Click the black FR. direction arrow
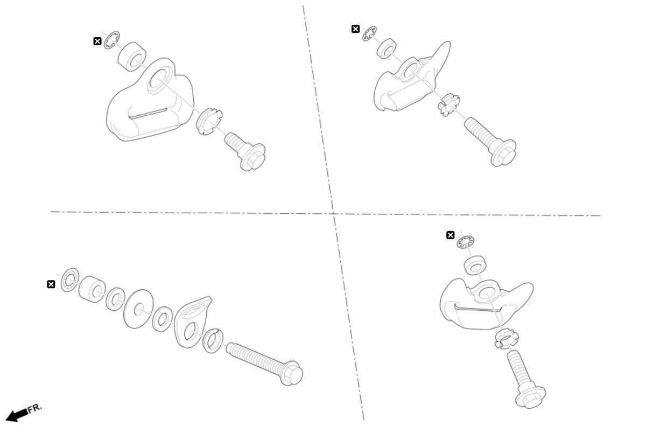(17, 415)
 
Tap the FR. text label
(35, 408)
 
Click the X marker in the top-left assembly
(97, 41)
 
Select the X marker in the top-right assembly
(356, 29)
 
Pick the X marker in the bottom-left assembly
(51, 284)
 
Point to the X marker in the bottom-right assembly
(450, 235)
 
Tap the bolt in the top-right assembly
(490, 142)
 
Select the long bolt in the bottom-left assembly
(264, 364)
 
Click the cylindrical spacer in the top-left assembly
(132, 57)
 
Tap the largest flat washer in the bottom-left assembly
(138, 309)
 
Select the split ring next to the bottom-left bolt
(213, 340)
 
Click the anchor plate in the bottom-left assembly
(192, 322)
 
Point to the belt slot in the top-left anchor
(149, 113)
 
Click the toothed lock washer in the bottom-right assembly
(466, 242)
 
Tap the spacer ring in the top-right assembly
(387, 49)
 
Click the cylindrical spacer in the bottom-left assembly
(92, 289)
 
